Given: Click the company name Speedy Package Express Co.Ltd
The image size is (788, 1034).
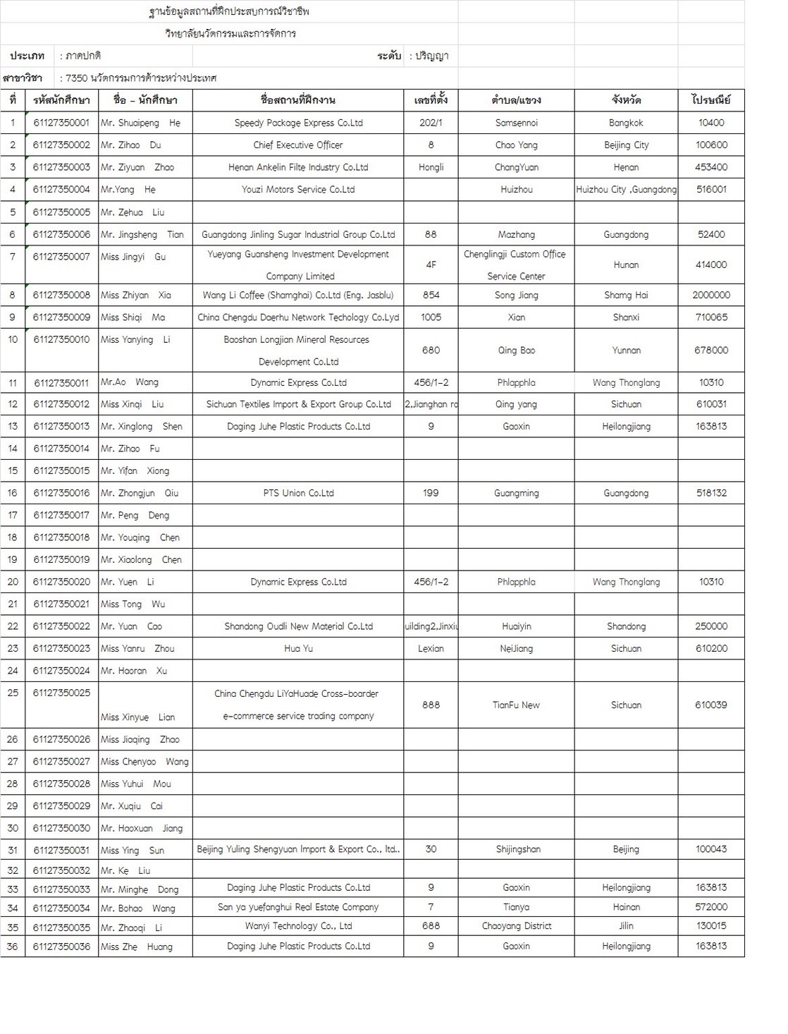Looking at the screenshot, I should click(x=298, y=123).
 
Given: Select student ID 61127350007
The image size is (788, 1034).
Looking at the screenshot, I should click(x=61, y=257).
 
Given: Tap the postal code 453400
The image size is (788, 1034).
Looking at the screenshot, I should click(x=710, y=167).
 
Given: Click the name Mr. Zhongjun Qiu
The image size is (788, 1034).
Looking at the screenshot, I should click(x=140, y=493).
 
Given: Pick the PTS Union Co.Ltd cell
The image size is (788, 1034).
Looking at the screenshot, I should click(x=298, y=493).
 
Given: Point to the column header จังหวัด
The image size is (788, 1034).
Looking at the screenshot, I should click(x=626, y=100).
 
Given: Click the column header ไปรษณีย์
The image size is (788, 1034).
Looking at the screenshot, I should click(x=710, y=100).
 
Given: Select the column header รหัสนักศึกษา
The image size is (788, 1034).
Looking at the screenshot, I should click(x=61, y=100).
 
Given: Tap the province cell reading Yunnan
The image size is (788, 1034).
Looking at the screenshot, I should click(x=626, y=350).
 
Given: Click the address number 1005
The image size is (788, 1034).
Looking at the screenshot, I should click(x=431, y=317).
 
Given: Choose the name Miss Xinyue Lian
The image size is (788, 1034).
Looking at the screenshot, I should click(x=137, y=717).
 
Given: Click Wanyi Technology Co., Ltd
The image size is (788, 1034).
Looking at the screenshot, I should click(x=298, y=926).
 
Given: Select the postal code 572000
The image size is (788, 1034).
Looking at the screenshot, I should click(x=710, y=907).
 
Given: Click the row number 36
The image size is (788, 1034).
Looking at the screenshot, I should click(x=13, y=947).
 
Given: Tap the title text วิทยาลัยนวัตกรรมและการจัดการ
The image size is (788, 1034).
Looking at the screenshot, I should click(x=230, y=33).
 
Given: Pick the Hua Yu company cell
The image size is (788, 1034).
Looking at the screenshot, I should click(x=298, y=648).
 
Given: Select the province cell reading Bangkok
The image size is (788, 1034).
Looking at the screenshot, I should click(x=626, y=123).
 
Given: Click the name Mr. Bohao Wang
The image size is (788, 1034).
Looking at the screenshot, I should click(x=137, y=908).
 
